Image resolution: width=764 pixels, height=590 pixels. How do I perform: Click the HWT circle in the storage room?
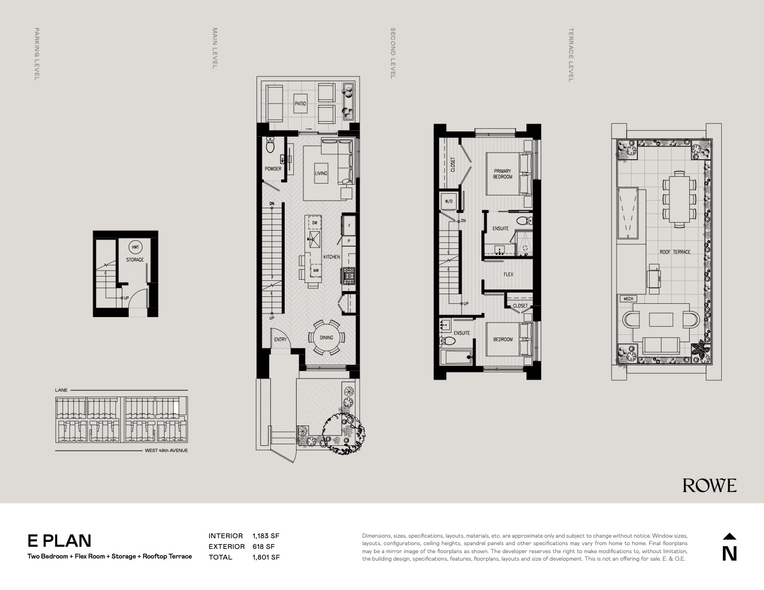(135, 247)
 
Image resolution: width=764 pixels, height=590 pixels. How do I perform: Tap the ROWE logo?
(710, 486)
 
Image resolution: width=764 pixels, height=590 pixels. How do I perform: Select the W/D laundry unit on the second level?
(449, 201)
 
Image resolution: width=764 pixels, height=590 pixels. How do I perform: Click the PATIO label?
(300, 104)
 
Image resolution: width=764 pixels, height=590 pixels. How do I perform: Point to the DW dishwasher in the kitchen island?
(315, 223)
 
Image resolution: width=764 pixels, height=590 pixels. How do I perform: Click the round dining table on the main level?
(326, 337)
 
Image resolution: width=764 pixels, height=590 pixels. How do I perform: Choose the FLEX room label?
(509, 274)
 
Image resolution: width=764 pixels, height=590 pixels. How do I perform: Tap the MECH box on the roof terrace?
(628, 299)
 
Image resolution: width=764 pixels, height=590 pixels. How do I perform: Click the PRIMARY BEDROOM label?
(502, 174)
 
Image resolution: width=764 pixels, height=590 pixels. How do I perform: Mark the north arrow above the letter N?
(730, 536)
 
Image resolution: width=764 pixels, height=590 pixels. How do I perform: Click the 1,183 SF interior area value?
(266, 536)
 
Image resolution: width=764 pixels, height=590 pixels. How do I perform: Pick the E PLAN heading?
(59, 541)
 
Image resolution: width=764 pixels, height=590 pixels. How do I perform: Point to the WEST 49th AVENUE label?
(166, 451)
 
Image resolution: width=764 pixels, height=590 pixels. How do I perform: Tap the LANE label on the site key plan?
(61, 390)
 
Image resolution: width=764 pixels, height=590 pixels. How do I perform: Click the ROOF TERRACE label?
(675, 252)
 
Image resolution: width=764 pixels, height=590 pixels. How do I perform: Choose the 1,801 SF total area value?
(266, 557)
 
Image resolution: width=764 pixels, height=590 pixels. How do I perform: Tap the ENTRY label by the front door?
(280, 340)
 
